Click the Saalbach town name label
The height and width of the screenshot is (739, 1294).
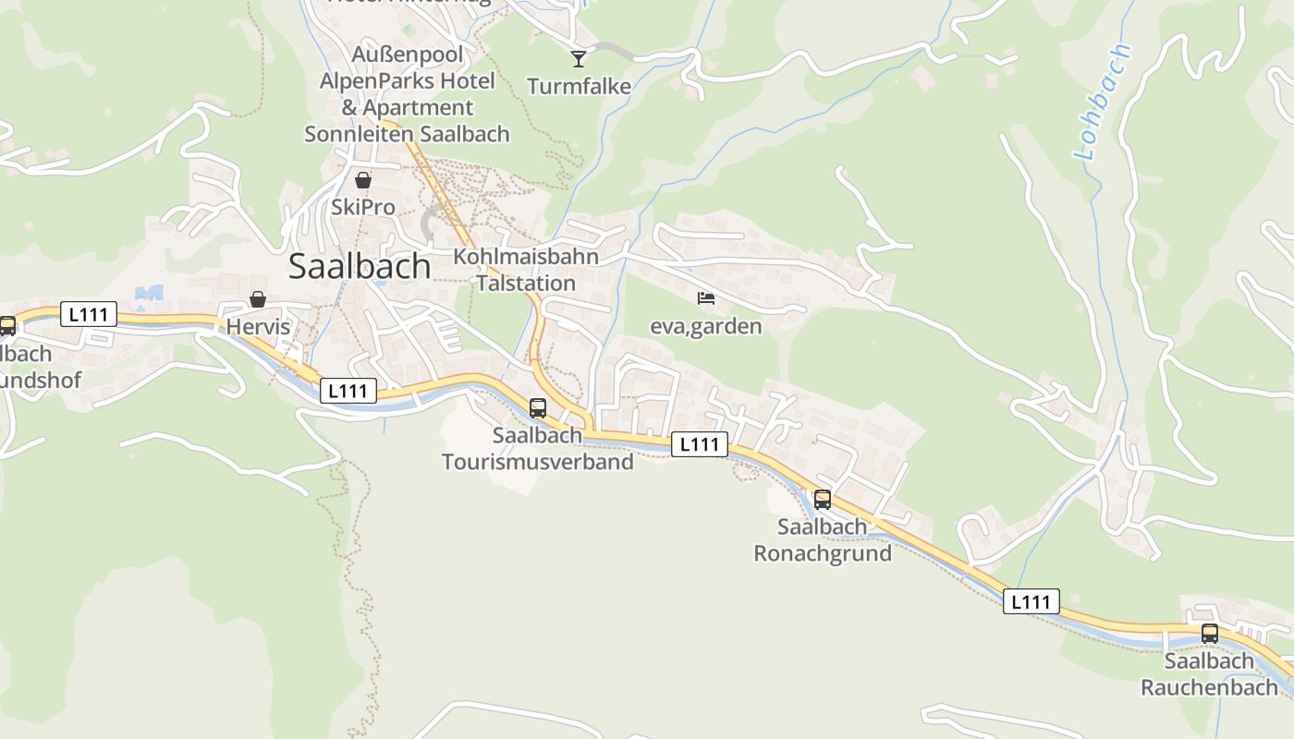click(360, 266)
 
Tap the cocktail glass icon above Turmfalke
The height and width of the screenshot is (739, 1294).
click(579, 59)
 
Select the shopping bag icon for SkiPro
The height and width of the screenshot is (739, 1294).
click(363, 180)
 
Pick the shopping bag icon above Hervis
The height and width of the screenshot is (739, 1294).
click(258, 299)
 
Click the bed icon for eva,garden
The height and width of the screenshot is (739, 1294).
click(706, 297)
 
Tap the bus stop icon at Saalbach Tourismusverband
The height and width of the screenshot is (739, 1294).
click(538, 407)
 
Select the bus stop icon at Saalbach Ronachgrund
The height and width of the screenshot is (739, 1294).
click(823, 500)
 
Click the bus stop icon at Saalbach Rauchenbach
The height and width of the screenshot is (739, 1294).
click(1210, 634)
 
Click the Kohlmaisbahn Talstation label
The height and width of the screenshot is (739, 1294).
click(526, 270)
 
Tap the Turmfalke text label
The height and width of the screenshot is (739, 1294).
click(579, 87)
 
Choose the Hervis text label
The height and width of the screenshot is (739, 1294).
click(258, 327)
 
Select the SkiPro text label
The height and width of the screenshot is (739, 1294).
click(363, 208)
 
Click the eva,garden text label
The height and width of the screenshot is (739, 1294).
click(706, 326)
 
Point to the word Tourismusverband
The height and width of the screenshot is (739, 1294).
click(538, 462)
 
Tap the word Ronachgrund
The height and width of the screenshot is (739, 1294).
click(823, 554)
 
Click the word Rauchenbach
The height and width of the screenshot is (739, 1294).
click(1210, 687)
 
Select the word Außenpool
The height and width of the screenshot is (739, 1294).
click(408, 55)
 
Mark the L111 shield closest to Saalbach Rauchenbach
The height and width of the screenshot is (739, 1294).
click(1032, 601)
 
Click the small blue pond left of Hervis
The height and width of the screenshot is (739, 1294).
click(149, 293)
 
